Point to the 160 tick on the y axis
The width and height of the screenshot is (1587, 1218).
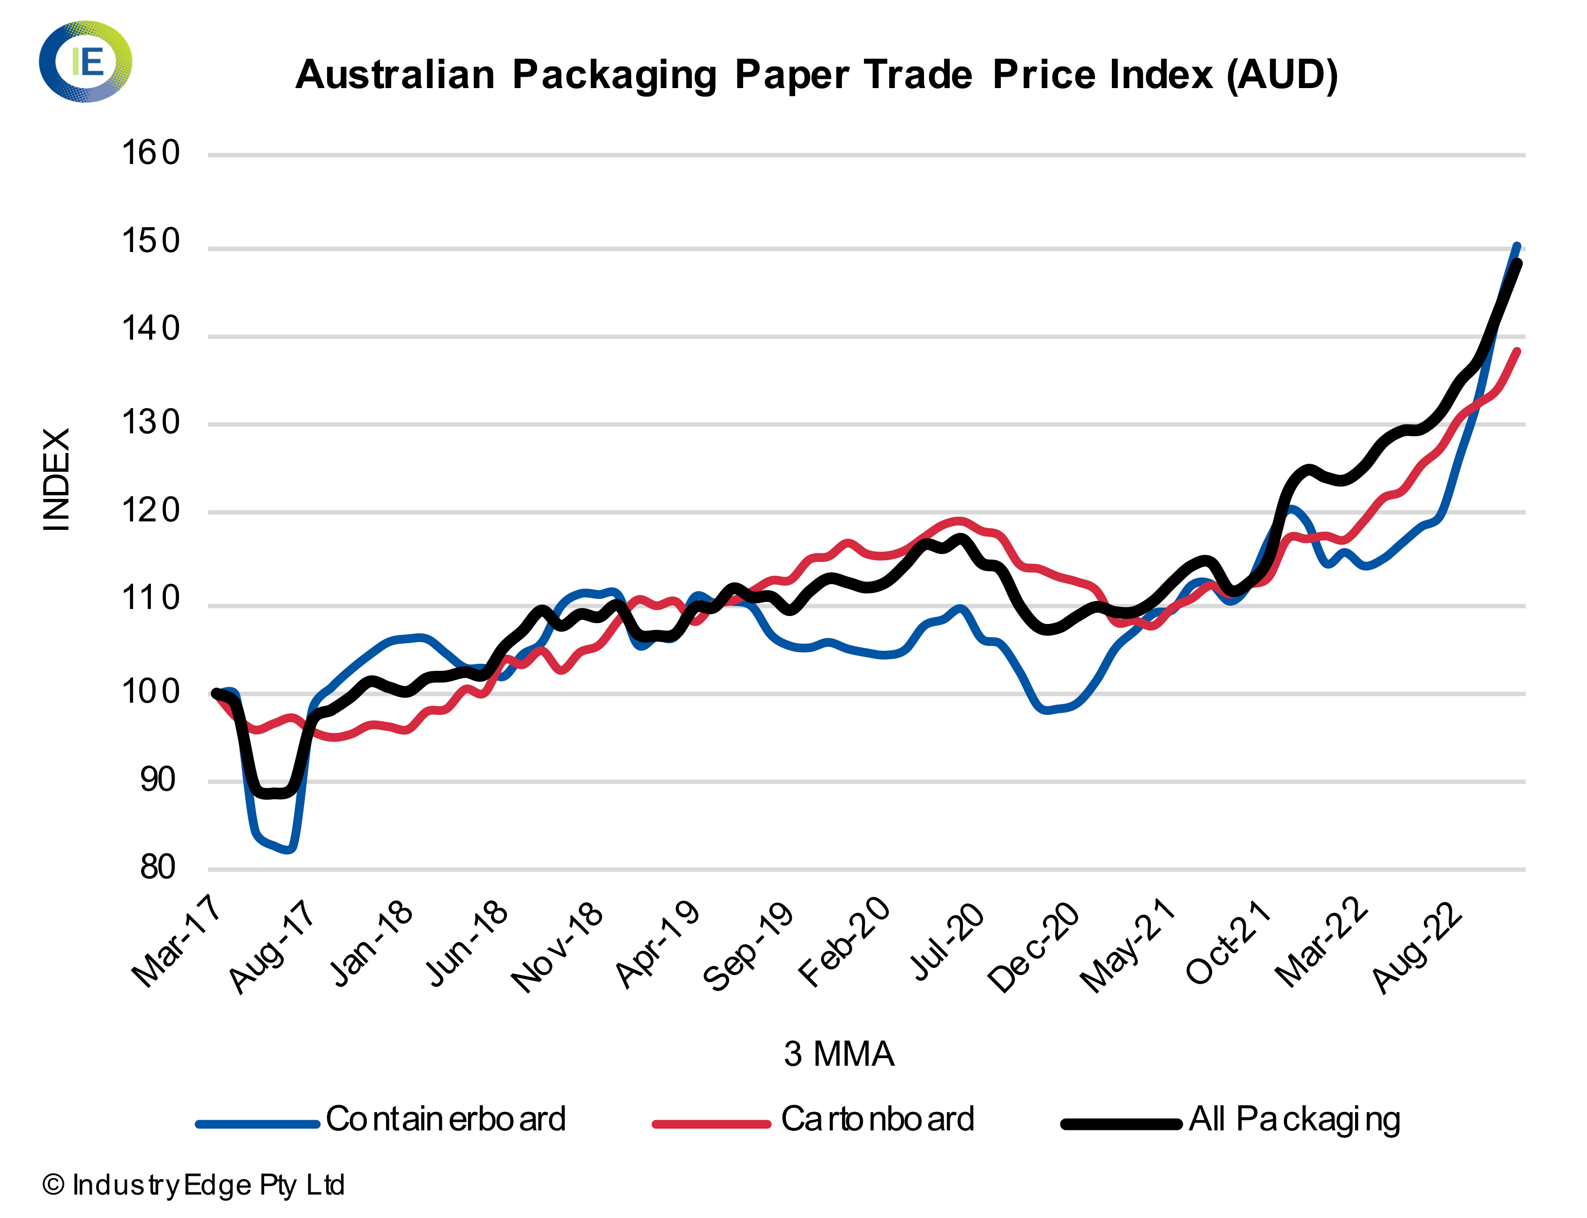click(x=150, y=154)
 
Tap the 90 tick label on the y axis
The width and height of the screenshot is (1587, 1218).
click(x=157, y=780)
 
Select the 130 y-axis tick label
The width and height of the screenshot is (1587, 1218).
click(x=150, y=423)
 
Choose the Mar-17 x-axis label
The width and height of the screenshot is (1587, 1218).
click(x=176, y=943)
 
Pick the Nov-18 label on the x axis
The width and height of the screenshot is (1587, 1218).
click(x=558, y=947)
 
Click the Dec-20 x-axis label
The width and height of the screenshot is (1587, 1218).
click(x=1034, y=947)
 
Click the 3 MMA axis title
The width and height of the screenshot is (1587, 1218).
click(x=839, y=1054)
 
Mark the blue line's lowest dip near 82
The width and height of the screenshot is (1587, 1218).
click(x=289, y=849)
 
